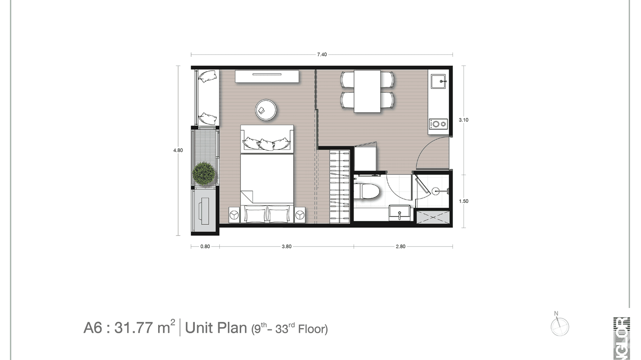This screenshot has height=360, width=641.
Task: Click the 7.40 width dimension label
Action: (x=322, y=55)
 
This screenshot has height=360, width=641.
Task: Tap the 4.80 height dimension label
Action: (x=178, y=150)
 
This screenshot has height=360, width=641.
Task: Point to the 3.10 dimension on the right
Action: (x=463, y=120)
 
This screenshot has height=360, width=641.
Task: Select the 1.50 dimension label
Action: (x=463, y=201)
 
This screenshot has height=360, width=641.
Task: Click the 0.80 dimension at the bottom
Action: (x=205, y=247)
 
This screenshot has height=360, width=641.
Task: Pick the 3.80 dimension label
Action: (x=286, y=247)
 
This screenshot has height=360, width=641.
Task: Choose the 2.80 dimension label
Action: (x=400, y=247)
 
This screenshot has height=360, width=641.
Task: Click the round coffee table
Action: (x=266, y=110)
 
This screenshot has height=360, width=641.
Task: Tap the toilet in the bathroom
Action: (x=369, y=191)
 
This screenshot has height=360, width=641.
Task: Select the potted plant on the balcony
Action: (x=203, y=173)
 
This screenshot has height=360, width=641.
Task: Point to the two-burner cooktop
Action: (x=438, y=124)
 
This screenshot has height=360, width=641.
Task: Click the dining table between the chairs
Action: (x=367, y=91)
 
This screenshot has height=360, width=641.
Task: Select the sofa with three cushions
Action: (x=267, y=139)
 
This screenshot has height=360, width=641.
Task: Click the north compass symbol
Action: (x=559, y=327)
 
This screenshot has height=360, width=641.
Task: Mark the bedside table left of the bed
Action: (x=234, y=215)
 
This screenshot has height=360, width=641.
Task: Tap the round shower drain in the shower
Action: (x=435, y=191)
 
